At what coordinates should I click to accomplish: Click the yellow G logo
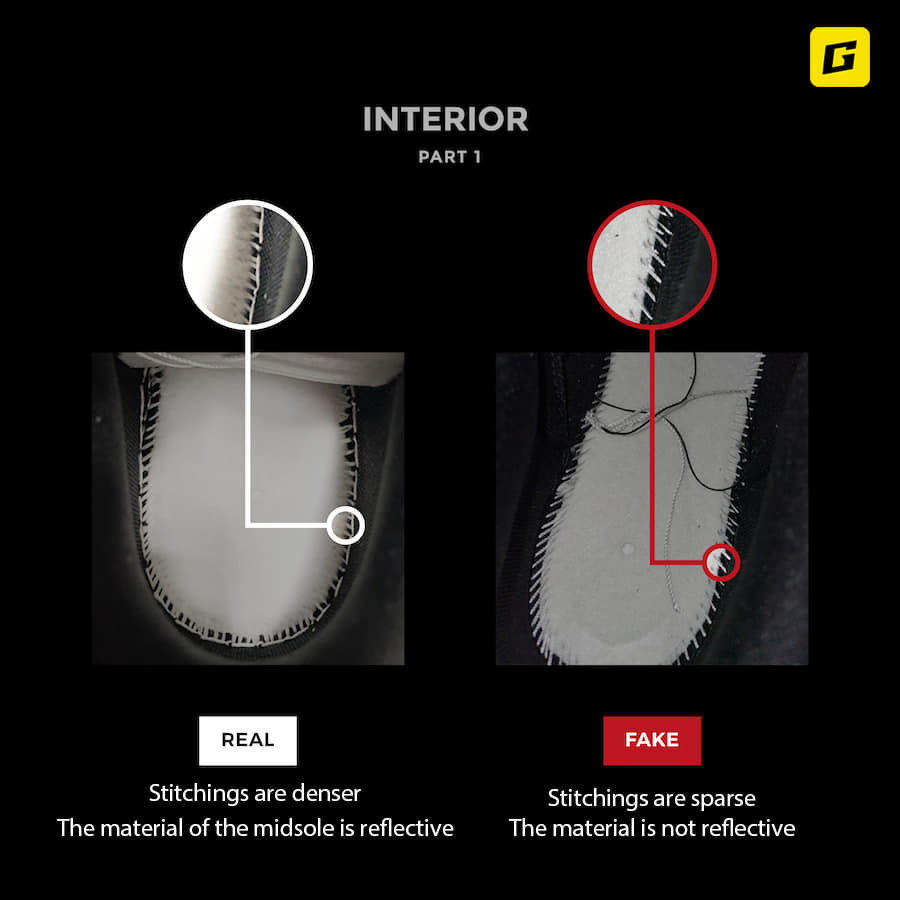[840, 57]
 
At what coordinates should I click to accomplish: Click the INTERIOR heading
[445, 119]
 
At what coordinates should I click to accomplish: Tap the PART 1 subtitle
[449, 157]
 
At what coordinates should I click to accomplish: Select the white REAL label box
[248, 740]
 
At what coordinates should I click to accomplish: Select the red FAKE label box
[652, 740]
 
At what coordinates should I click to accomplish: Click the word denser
[326, 793]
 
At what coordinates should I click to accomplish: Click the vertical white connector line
[248, 428]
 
